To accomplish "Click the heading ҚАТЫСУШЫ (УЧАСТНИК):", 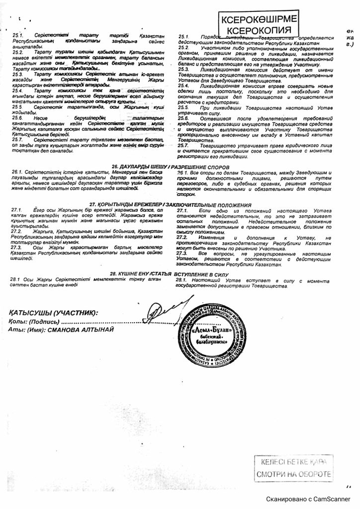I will (x=53, y=313).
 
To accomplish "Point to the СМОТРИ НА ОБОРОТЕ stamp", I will (x=293, y=474).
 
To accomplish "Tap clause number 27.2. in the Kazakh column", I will (x=18, y=231).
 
